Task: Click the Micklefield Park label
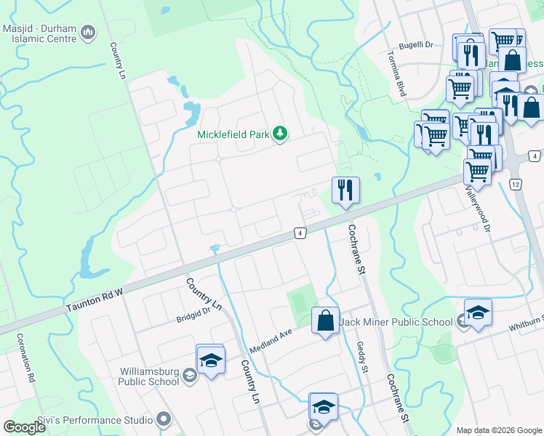click(233, 134)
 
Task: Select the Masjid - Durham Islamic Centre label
click(39, 33)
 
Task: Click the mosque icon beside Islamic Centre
click(88, 32)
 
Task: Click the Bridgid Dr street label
click(193, 315)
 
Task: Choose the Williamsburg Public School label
click(149, 376)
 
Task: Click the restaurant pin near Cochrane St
click(345, 190)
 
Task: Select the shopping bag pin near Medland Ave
click(325, 320)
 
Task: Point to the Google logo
click(25, 427)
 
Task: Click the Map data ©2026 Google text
click(498, 430)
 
